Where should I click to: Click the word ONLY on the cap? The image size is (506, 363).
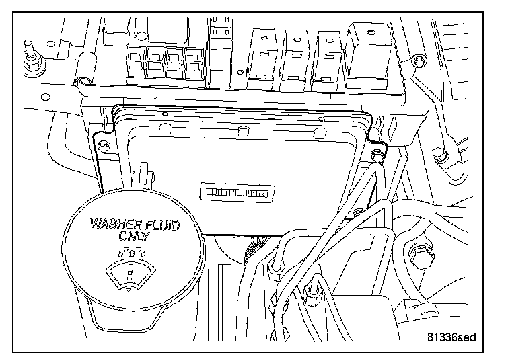(135, 236)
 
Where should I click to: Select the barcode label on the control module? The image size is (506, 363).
(239, 193)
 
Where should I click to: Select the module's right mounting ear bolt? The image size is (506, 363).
(377, 156)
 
